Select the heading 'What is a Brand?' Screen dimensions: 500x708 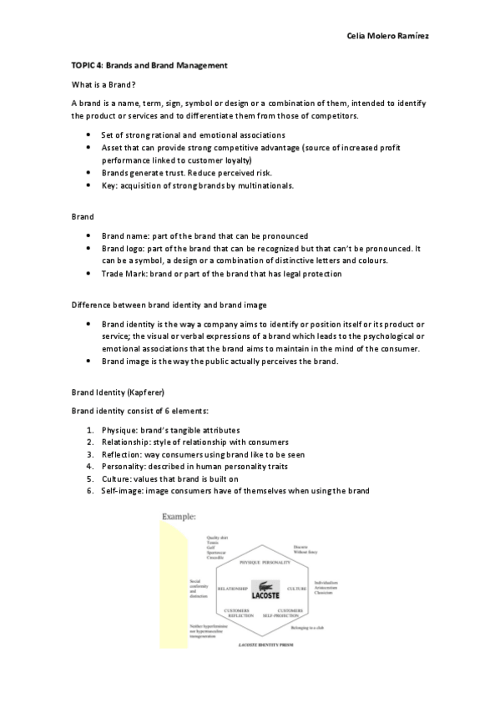pos(104,84)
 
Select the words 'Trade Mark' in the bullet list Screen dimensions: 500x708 pos(121,274)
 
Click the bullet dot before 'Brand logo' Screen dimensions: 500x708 pos(88,249)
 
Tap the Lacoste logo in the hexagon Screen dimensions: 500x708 pos(265,589)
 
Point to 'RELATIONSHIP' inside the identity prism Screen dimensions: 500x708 pos(233,589)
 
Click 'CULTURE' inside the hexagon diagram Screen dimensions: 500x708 pos(297,589)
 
